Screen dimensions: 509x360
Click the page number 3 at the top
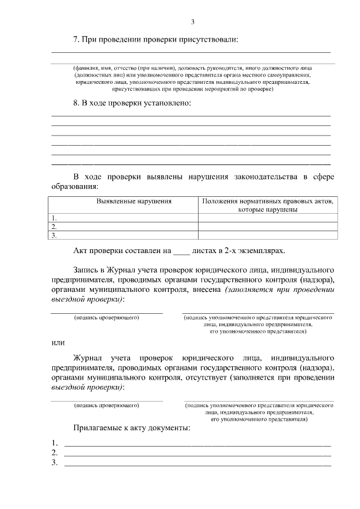(192, 22)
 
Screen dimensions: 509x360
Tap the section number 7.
(76, 39)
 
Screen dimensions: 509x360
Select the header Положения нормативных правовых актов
(267, 201)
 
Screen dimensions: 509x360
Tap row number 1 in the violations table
(55, 218)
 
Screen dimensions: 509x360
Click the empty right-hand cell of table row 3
(267, 236)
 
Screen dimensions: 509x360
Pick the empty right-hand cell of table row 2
(267, 227)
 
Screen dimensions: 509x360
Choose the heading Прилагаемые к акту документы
(132, 428)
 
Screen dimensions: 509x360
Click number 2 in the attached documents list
(55, 453)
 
